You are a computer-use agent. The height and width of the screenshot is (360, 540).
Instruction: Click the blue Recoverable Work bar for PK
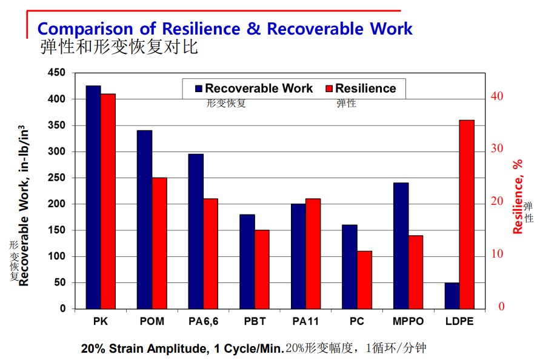pyautogui.click(x=93, y=197)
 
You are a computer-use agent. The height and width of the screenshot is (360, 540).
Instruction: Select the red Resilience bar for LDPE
pyautogui.click(x=467, y=215)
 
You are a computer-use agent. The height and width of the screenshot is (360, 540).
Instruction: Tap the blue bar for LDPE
pyautogui.click(x=452, y=296)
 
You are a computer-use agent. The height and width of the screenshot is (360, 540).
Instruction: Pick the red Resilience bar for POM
pyautogui.click(x=159, y=243)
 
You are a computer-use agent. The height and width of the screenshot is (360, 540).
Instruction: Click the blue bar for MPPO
pyautogui.click(x=401, y=245)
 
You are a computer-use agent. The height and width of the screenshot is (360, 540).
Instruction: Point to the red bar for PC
pyautogui.click(x=364, y=280)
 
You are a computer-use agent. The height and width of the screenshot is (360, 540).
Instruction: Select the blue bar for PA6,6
pyautogui.click(x=196, y=231)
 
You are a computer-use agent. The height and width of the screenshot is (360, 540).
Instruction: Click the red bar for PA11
pyautogui.click(x=313, y=253)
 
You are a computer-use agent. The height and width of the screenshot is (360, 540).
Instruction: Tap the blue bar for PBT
pyautogui.click(x=247, y=261)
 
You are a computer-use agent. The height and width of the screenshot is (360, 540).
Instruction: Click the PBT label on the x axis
pyautogui.click(x=255, y=321)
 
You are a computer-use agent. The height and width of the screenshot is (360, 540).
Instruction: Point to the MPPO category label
pyautogui.click(x=408, y=321)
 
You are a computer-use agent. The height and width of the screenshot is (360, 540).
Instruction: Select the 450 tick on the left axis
pyautogui.click(x=56, y=72)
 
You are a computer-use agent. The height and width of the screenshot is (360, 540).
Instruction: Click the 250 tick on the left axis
pyautogui.click(x=56, y=178)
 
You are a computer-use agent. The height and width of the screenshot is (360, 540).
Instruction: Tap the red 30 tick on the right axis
pyautogui.click(x=497, y=148)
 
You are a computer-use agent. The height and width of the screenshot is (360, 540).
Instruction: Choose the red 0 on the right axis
pyautogui.click(x=501, y=306)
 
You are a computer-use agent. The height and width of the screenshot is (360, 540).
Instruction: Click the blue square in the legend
pyautogui.click(x=199, y=88)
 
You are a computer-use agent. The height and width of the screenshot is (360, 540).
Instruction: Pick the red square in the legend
pyautogui.click(x=329, y=88)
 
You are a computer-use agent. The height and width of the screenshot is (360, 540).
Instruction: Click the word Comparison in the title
pyautogui.click(x=85, y=28)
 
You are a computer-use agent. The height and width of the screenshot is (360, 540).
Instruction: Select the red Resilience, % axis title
pyautogui.click(x=518, y=197)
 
